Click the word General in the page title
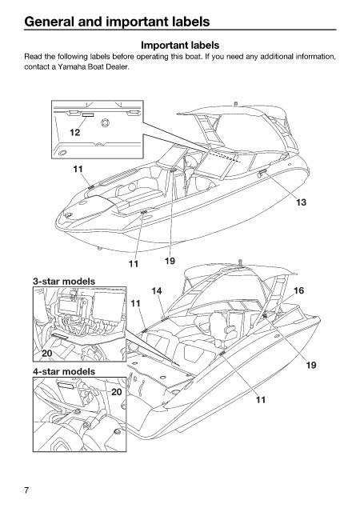49,22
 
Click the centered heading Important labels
180,45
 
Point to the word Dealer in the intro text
118,67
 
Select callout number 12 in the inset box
75,132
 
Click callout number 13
301,202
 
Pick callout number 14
157,290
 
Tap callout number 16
299,290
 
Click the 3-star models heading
64,281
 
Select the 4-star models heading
64,371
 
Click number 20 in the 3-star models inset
47,354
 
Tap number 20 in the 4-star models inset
117,392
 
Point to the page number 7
26,490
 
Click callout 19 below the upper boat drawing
170,261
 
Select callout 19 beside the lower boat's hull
311,365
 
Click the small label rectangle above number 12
88,115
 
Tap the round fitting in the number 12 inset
105,123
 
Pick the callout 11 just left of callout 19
134,263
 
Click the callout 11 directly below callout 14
135,303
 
